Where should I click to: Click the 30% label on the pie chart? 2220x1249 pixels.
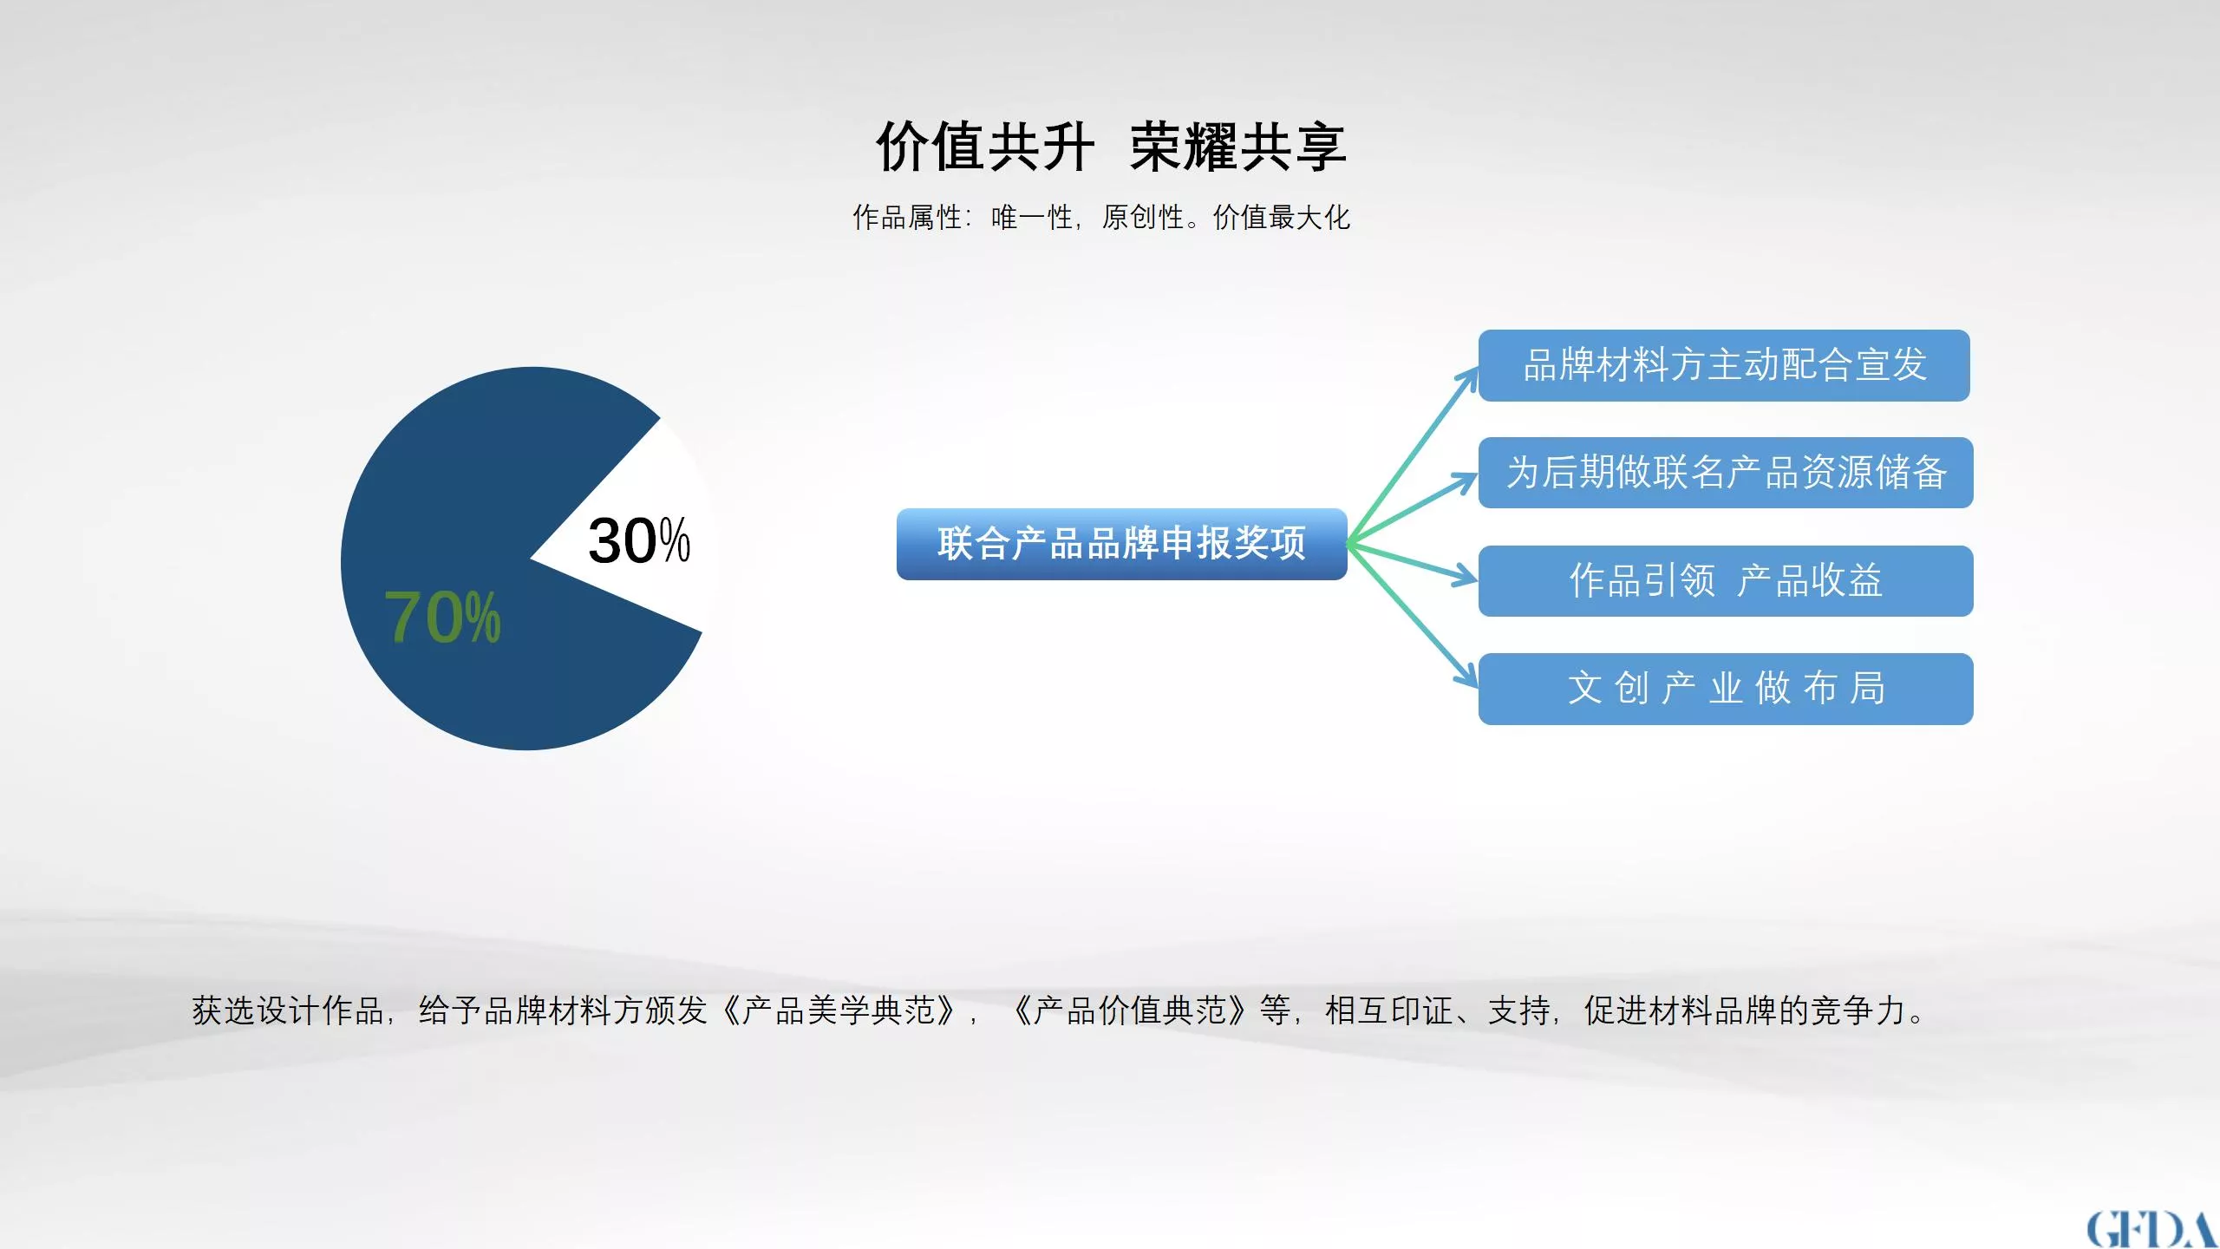pyautogui.click(x=639, y=540)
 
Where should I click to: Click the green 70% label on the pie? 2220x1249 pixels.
pyautogui.click(x=442, y=617)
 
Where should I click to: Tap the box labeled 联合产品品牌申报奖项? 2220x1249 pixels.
pyautogui.click(x=1121, y=544)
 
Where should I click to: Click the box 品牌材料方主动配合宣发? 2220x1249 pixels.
pyautogui.click(x=1724, y=365)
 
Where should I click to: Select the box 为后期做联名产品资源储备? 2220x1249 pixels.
pyautogui.click(x=1726, y=473)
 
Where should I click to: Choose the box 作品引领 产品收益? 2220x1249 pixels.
pyautogui.click(x=1726, y=581)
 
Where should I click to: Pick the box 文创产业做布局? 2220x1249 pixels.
pyautogui.click(x=1726, y=689)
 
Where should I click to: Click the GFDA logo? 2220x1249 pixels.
pyautogui.click(x=2151, y=1229)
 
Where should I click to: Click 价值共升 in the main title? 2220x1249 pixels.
pyautogui.click(x=985, y=147)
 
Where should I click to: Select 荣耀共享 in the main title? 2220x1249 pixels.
pyautogui.click(x=1237, y=147)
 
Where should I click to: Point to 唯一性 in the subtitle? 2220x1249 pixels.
pyautogui.click(x=1032, y=217)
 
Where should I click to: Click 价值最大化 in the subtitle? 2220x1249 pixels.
pyautogui.click(x=1282, y=217)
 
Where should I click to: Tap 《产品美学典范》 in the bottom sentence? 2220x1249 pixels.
pyautogui.click(x=839, y=1010)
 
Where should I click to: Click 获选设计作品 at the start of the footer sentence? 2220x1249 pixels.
pyautogui.click(x=288, y=1010)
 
